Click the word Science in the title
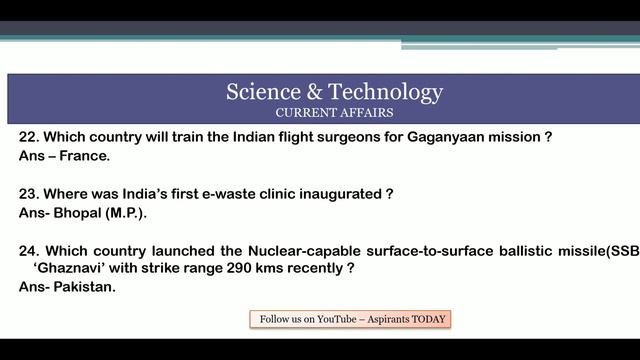(x=263, y=91)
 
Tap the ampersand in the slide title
(x=314, y=91)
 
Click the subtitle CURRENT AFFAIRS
(x=334, y=113)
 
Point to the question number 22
(x=29, y=137)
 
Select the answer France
(x=84, y=156)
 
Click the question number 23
(x=29, y=194)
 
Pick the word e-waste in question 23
(x=229, y=194)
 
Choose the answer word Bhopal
(x=77, y=213)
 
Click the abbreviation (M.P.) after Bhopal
(x=126, y=213)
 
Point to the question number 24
(x=29, y=251)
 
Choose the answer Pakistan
(x=84, y=287)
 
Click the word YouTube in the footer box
(x=337, y=319)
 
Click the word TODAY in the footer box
(x=428, y=319)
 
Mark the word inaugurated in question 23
(x=341, y=194)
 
